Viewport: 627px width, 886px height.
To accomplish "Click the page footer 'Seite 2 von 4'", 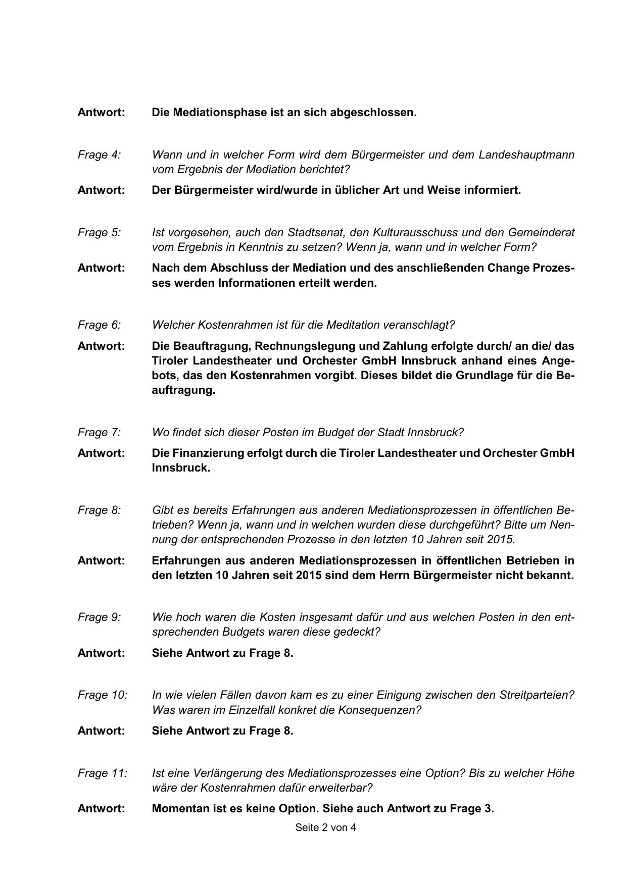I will pyautogui.click(x=325, y=827).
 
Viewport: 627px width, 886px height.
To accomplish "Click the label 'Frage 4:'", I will pyautogui.click(x=99, y=154).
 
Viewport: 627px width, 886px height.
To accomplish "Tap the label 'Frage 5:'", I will pyautogui.click(x=99, y=232).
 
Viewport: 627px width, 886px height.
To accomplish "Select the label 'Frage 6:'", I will pyautogui.click(x=99, y=325).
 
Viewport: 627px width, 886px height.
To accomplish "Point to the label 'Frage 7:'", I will pyautogui.click(x=99, y=432).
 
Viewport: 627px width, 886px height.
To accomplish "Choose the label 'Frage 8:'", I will pyautogui.click(x=99, y=510).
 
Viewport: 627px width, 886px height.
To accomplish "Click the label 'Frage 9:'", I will pyautogui.click(x=99, y=617).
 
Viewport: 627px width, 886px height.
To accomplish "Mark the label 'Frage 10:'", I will pyautogui.click(x=102, y=695).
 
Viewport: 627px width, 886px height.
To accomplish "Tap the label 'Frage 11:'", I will pyautogui.click(x=102, y=773).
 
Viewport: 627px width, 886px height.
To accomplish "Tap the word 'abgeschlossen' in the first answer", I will pyautogui.click(x=373, y=112).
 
